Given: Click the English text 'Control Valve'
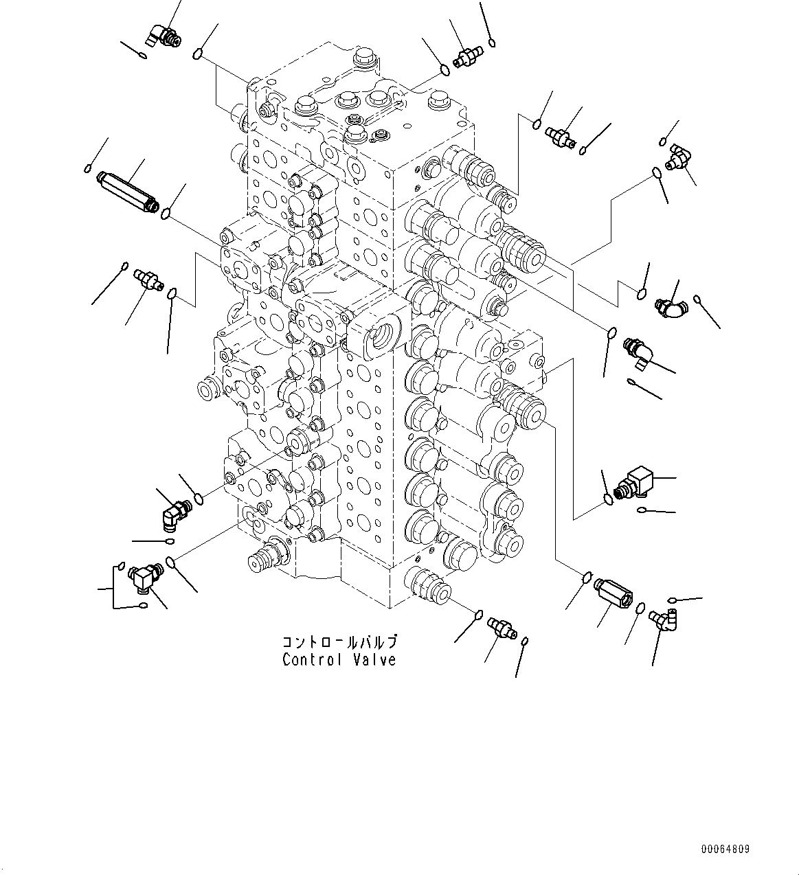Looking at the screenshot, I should pyautogui.click(x=339, y=660).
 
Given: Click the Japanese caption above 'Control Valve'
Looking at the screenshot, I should pyautogui.click(x=339, y=643).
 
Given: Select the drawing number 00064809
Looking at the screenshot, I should pyautogui.click(x=725, y=850).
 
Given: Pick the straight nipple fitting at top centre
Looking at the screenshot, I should pyautogui.click(x=467, y=56).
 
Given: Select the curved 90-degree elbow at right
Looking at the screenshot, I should pyautogui.click(x=666, y=307).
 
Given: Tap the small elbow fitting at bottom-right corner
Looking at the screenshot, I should pyautogui.click(x=663, y=620).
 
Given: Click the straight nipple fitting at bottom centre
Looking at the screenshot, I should pyautogui.click(x=501, y=627).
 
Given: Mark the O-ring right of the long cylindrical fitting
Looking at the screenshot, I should pyautogui.click(x=166, y=216).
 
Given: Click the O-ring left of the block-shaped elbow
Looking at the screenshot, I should pyautogui.click(x=608, y=499).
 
